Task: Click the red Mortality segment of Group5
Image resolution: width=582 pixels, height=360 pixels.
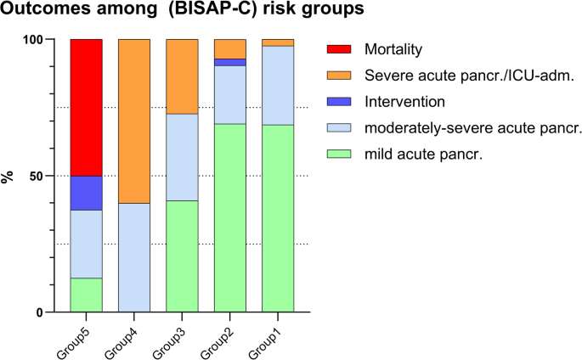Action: (86, 108)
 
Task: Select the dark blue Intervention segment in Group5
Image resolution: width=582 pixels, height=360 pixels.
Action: (86, 193)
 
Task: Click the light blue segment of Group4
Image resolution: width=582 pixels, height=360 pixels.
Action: (134, 257)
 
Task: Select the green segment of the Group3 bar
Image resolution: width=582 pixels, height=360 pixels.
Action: (182, 256)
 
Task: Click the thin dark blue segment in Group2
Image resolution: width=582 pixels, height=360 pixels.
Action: (229, 62)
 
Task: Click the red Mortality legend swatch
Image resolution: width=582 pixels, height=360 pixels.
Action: (337, 49)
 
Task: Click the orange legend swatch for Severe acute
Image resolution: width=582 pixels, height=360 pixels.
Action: (337, 76)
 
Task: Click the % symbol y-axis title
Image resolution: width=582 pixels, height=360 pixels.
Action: (11, 176)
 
